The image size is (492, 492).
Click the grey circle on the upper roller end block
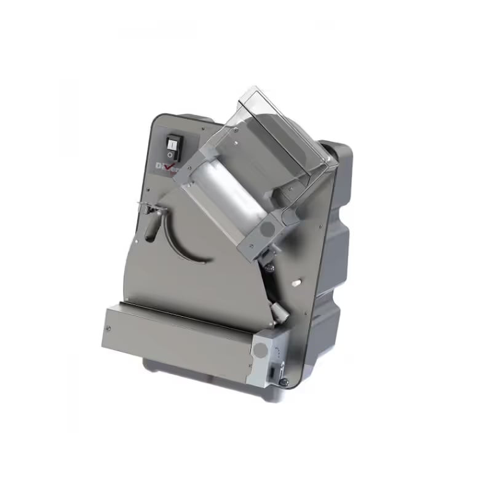[x=268, y=228]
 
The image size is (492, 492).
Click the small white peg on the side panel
[x=296, y=284]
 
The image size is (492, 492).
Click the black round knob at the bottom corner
[x=284, y=382]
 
